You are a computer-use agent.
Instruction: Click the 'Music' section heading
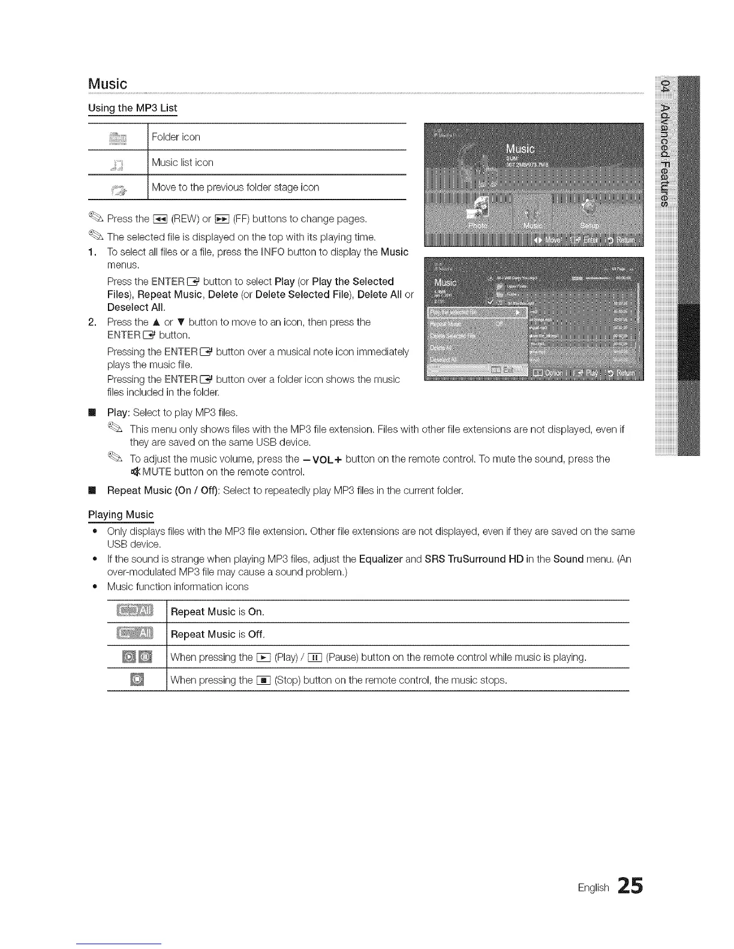(107, 84)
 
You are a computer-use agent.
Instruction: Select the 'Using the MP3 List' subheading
(133, 108)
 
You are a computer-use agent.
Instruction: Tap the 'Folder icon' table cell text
(176, 137)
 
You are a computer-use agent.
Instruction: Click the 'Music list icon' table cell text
(182, 162)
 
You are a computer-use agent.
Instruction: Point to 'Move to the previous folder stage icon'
(235, 188)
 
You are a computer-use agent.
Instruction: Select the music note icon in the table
(118, 164)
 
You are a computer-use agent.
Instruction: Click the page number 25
(628, 885)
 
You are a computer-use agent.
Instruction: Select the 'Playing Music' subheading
(121, 515)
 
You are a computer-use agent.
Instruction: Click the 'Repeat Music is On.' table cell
(217, 612)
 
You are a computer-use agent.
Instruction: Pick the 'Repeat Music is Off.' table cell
(218, 634)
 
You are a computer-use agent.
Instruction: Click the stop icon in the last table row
(137, 680)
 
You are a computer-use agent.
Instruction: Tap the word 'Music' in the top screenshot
(520, 150)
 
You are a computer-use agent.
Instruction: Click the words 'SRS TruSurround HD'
(474, 559)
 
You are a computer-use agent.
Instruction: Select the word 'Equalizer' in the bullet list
(381, 559)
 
